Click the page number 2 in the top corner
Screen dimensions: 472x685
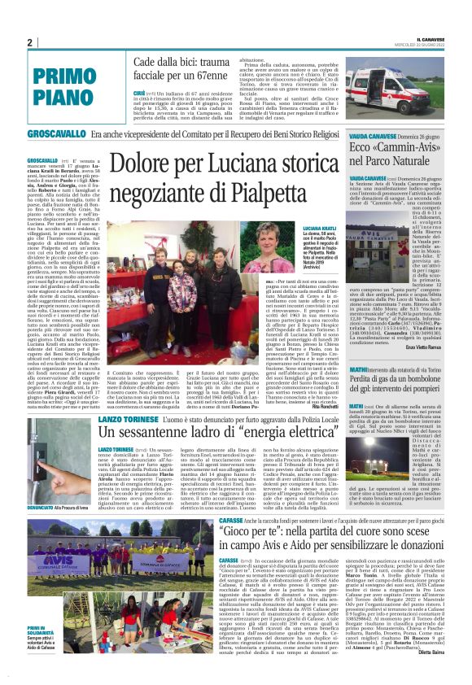[x=29, y=42]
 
